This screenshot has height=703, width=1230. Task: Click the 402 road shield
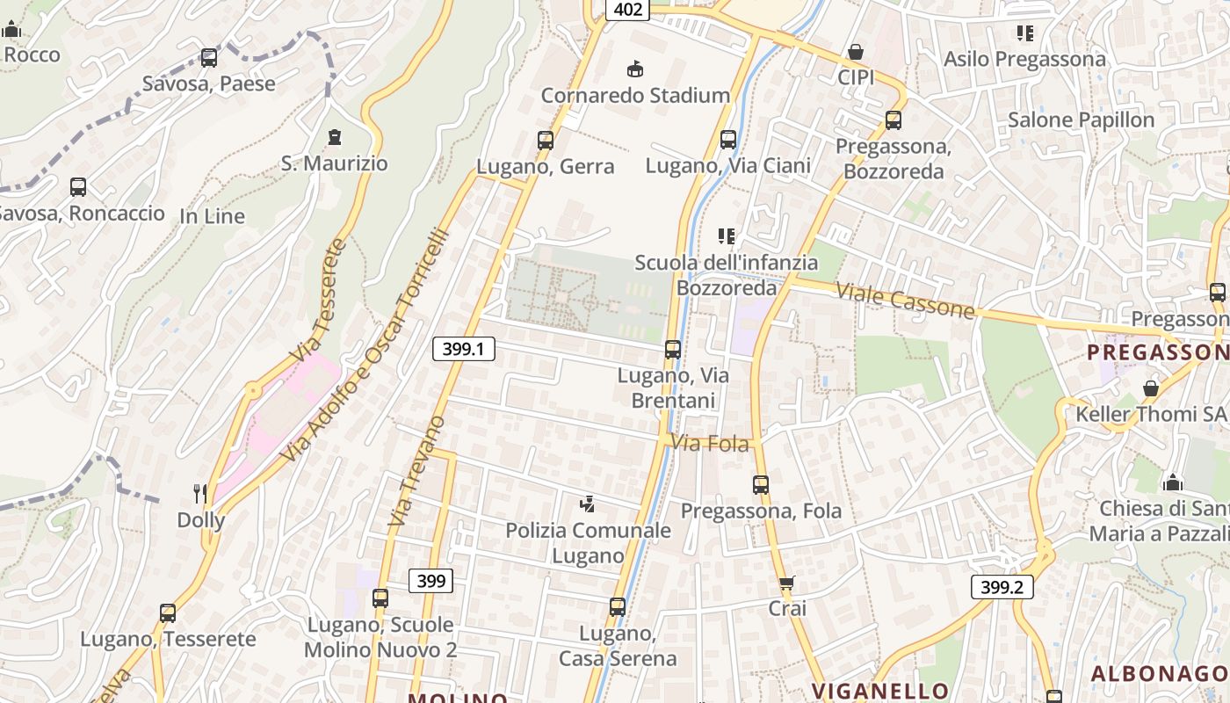(627, 10)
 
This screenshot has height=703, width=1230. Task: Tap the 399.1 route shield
(464, 349)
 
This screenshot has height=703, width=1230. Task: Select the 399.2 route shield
(1002, 587)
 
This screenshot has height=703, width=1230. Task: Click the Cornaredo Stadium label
(635, 95)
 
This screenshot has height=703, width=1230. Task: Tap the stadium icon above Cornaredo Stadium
(634, 69)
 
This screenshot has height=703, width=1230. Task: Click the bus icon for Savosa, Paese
(208, 58)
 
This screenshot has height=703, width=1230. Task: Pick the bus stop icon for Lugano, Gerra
(545, 141)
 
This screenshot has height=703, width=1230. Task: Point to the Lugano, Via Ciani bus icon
(727, 140)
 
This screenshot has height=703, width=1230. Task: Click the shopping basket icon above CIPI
(855, 53)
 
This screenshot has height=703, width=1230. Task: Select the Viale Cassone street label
(905, 301)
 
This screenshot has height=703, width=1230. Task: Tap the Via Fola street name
(711, 444)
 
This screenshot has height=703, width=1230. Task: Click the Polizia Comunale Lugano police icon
(587, 504)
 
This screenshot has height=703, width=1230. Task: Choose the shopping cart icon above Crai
(786, 583)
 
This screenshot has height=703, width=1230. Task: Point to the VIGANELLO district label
(879, 691)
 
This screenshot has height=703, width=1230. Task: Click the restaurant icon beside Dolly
(200, 494)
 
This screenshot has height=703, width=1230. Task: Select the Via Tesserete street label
(317, 301)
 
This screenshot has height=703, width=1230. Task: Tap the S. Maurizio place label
(334, 163)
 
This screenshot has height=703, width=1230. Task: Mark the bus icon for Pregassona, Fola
(760, 485)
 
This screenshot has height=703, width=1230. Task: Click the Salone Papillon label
(1081, 120)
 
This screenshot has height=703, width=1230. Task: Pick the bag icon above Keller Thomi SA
(1150, 388)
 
